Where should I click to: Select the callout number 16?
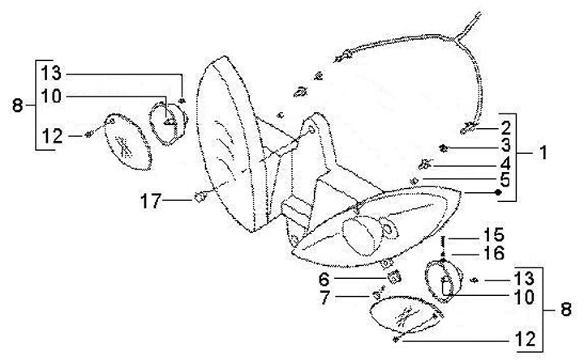tap(495, 255)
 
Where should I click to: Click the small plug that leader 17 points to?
tap(198, 195)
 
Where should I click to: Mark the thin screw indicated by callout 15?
tap(444, 240)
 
